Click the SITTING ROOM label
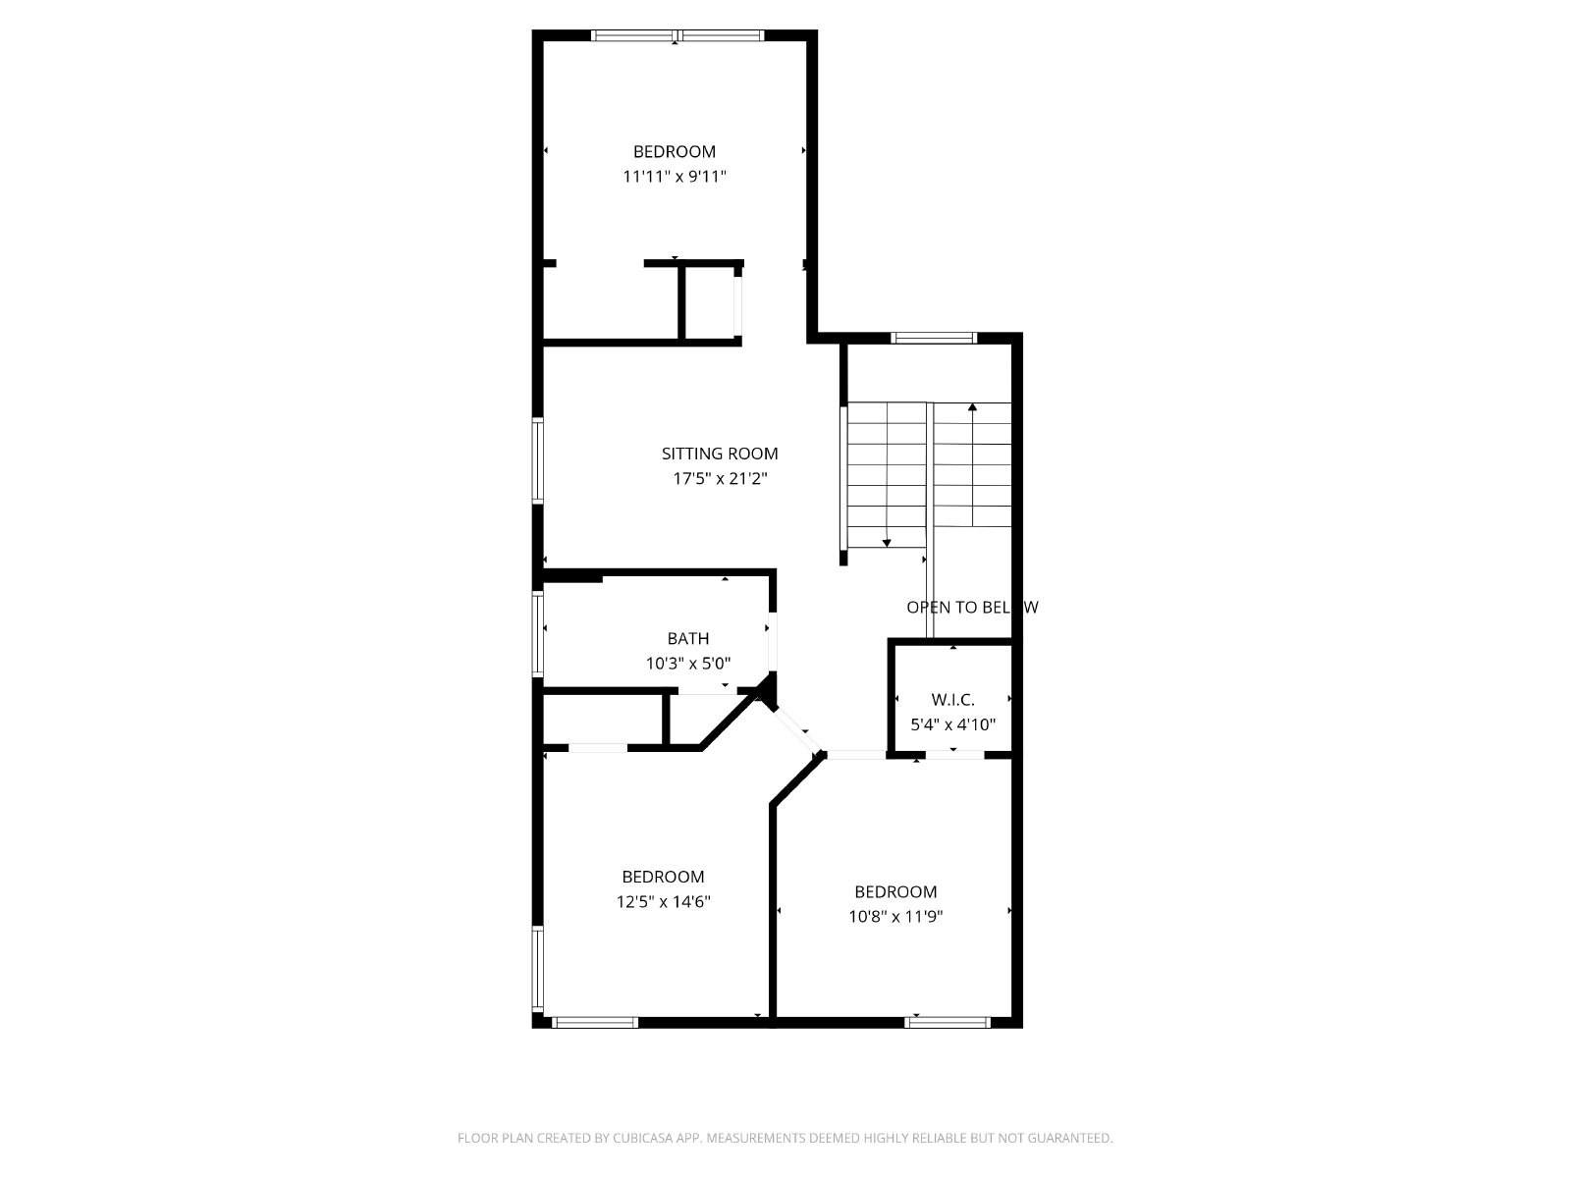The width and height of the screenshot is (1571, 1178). [x=720, y=454]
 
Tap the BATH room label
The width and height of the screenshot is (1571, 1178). [x=688, y=638]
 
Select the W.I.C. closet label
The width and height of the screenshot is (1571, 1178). [x=952, y=700]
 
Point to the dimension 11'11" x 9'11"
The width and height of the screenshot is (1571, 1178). [x=675, y=177]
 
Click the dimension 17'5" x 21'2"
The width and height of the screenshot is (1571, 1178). [x=720, y=479]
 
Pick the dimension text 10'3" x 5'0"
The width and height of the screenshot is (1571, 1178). [x=688, y=664]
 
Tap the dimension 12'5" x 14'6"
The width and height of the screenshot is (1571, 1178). [x=663, y=902]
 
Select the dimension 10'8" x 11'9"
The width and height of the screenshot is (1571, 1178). [x=895, y=917]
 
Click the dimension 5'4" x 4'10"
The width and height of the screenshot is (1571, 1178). [x=952, y=725]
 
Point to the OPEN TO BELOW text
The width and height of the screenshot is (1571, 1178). [x=971, y=608]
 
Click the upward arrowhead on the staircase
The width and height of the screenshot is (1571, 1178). [x=972, y=406]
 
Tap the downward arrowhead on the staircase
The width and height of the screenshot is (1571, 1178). [x=887, y=542]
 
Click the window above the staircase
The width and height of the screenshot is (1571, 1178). [x=934, y=338]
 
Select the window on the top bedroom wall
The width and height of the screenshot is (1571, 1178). [x=677, y=36]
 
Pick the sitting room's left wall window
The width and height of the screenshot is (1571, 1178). [x=538, y=461]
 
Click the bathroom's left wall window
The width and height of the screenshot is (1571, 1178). [x=538, y=633]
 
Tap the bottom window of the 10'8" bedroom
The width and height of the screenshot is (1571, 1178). [x=948, y=1022]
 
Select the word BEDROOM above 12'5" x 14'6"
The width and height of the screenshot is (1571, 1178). [x=663, y=877]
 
